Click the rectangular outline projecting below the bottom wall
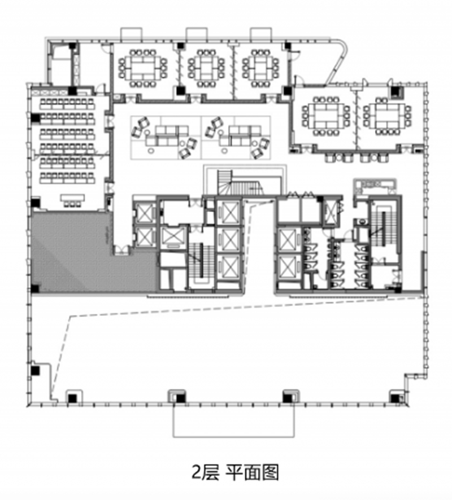[x=233, y=421]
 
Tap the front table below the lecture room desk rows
[x=71, y=200]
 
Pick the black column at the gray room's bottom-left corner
[x=36, y=288]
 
